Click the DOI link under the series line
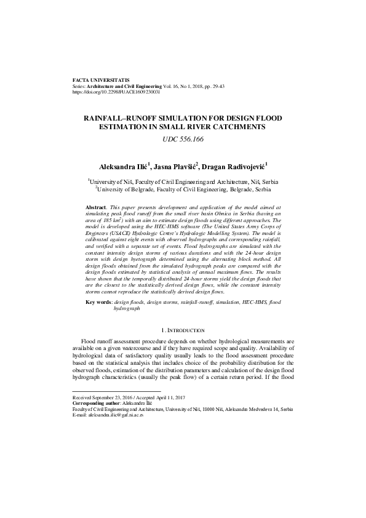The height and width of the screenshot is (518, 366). (116, 92)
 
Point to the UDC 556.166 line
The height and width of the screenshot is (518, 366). (183, 140)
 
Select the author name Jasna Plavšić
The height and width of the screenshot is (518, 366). (176, 166)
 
